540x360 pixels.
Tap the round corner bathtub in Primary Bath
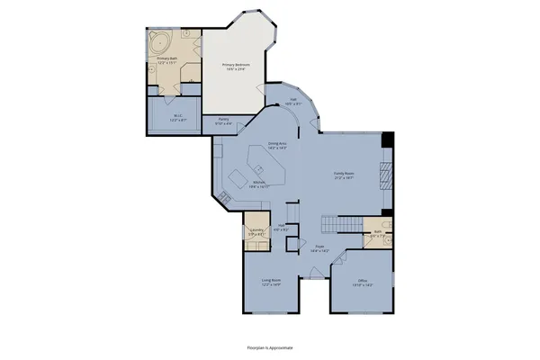160,41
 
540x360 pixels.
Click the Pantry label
222,121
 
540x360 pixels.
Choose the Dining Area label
278,144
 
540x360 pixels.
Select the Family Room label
343,175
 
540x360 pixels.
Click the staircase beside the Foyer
341,224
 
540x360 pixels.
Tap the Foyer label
319,247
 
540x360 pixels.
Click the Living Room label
271,283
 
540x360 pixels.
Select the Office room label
362,282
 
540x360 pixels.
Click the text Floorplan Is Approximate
270,346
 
